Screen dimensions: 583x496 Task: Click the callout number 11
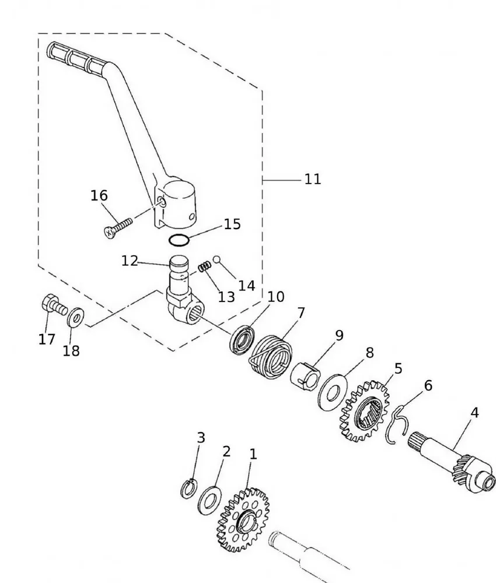tap(313, 179)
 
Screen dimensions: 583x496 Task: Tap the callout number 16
tap(99, 195)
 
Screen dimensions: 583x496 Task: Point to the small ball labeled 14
tap(216, 259)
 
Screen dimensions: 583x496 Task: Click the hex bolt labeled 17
tap(53, 305)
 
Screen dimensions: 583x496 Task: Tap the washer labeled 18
tap(75, 318)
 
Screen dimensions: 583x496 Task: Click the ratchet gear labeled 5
tap(364, 410)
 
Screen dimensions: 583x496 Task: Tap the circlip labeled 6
tap(398, 423)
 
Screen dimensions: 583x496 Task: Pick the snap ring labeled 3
tap(188, 489)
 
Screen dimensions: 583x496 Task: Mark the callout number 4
tap(474, 413)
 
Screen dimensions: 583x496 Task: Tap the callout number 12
tap(130, 261)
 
